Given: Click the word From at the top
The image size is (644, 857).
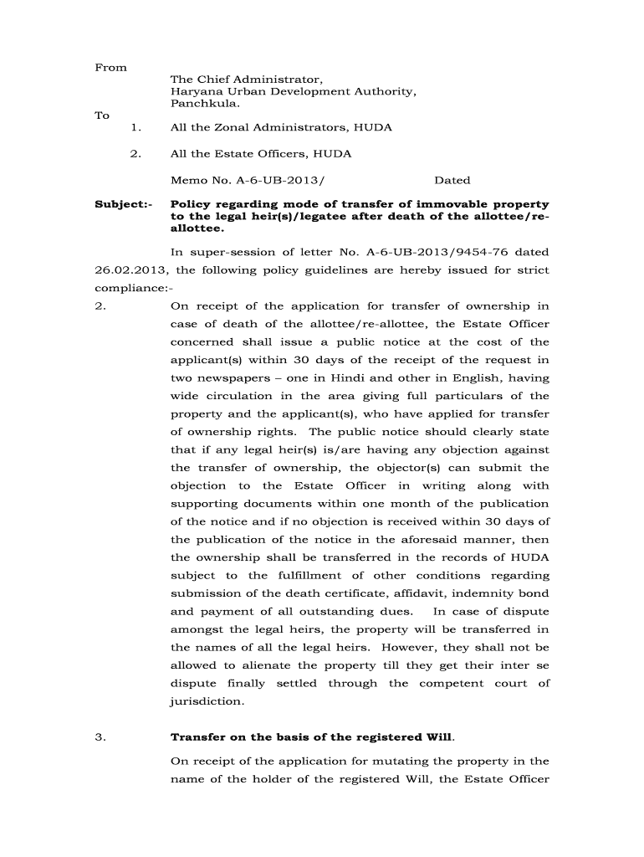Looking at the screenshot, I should coord(110,67).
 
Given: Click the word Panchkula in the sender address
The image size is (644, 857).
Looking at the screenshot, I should coord(204,104).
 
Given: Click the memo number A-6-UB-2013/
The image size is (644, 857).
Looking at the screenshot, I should coord(271,180).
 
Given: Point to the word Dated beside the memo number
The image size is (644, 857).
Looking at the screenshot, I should coord(452,180).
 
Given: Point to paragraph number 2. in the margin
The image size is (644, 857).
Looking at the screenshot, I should coord(100,305).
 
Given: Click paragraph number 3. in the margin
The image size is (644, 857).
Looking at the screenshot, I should coord(100,737).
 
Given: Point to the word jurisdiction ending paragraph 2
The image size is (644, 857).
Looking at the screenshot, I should coord(207,701).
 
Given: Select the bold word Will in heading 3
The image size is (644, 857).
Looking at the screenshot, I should coord(439,737).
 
